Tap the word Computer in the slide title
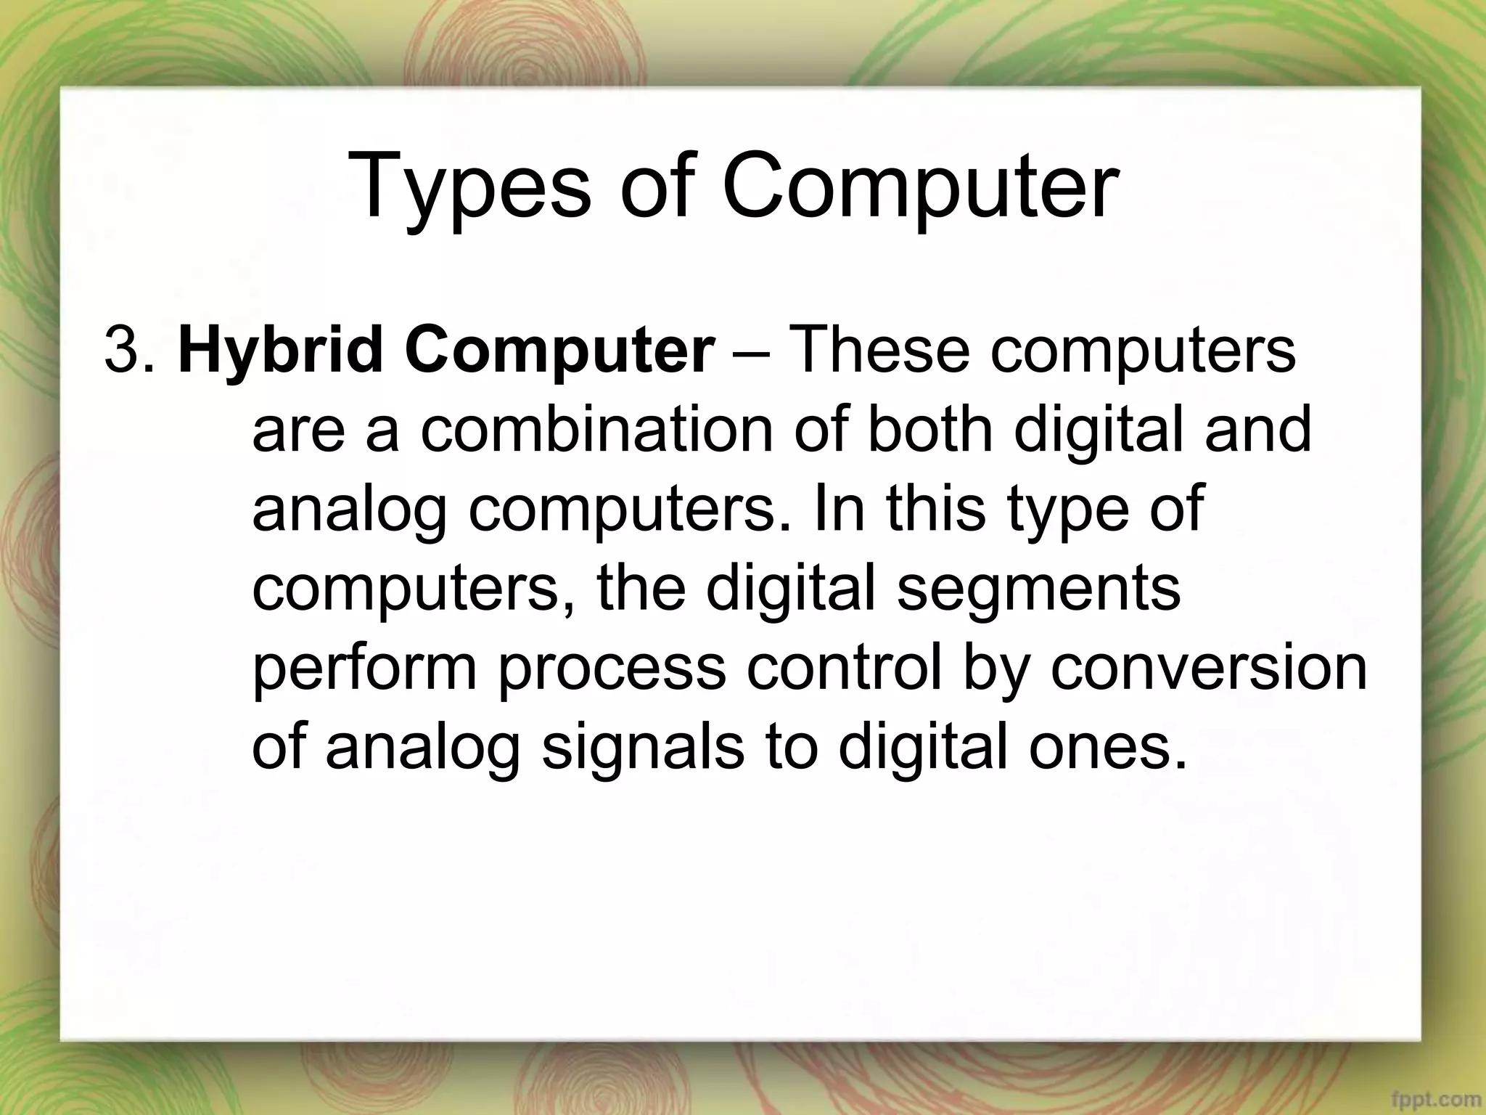pos(919,187)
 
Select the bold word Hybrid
pos(279,351)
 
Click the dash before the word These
pos(750,351)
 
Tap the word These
pos(879,351)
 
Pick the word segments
pos(1038,587)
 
